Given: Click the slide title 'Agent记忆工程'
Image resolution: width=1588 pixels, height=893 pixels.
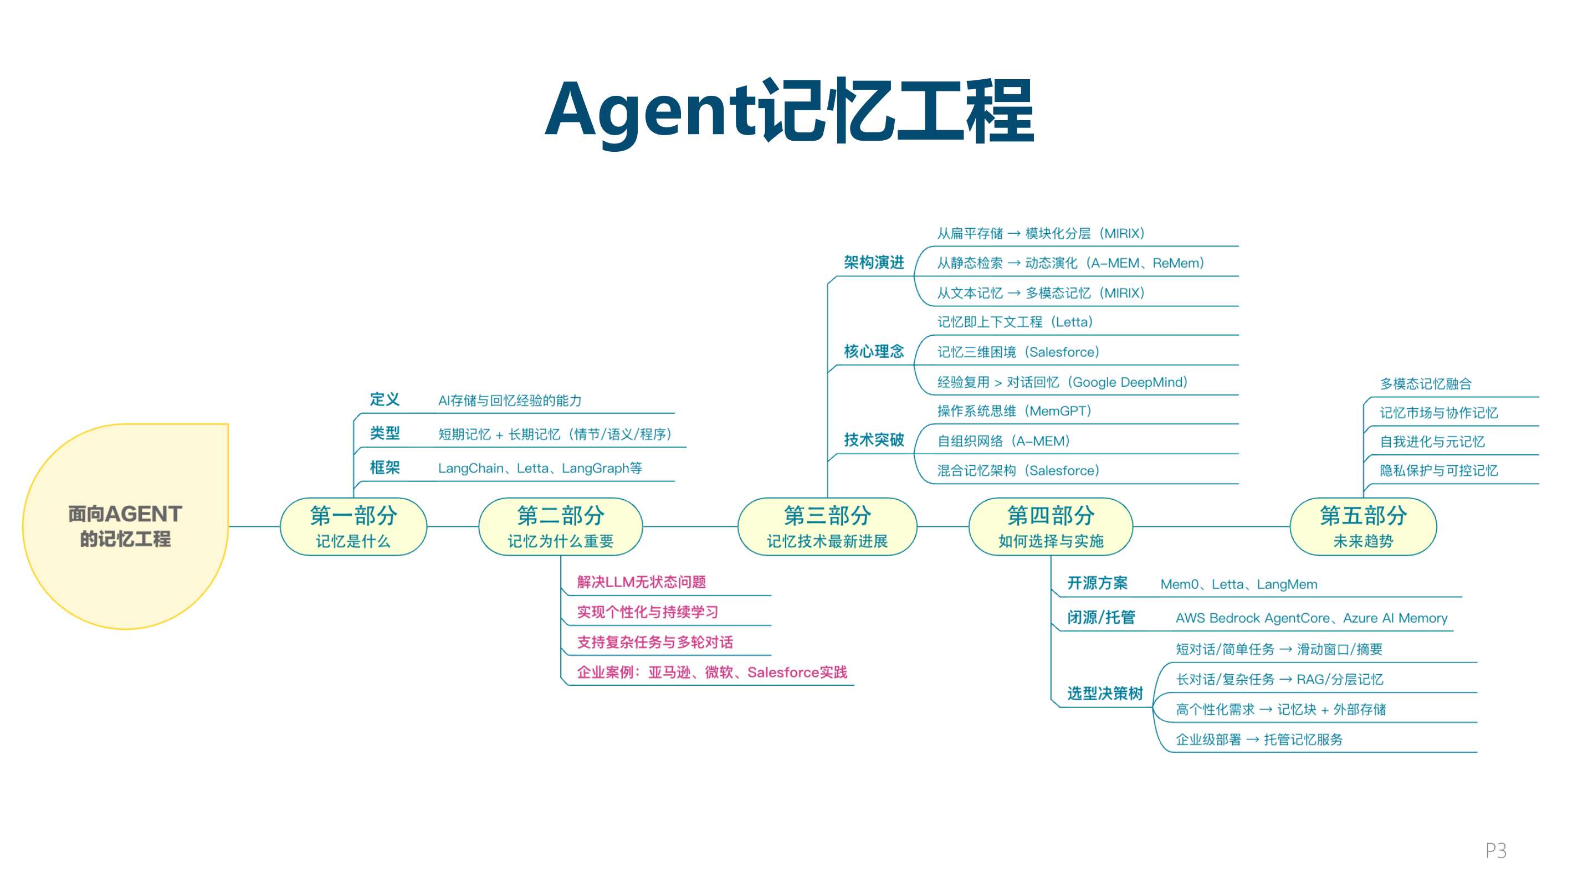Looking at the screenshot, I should [x=789, y=111].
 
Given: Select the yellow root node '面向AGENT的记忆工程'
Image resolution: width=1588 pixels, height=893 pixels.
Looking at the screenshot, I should [x=125, y=526].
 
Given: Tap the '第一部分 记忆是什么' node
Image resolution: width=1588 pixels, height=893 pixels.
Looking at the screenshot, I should [x=354, y=526].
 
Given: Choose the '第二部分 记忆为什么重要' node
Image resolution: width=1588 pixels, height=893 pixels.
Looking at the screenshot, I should [x=560, y=526].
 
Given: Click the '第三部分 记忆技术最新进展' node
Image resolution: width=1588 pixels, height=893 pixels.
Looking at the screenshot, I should [x=827, y=526].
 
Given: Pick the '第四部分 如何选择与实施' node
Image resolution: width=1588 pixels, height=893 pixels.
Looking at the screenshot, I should [x=1051, y=526].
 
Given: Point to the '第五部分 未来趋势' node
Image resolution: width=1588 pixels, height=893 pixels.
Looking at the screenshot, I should [x=1363, y=526].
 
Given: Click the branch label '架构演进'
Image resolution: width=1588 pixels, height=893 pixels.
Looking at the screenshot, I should [x=874, y=263].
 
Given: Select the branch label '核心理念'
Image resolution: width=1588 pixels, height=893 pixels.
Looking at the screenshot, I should [x=874, y=351].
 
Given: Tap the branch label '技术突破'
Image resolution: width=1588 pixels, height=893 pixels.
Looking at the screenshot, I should [x=874, y=439].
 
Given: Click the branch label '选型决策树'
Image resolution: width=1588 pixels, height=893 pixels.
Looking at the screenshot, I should [x=1105, y=694].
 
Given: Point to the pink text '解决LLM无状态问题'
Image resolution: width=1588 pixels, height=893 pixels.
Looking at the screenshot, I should [x=641, y=582].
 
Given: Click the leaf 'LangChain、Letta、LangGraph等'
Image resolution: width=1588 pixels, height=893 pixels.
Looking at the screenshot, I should [x=540, y=468].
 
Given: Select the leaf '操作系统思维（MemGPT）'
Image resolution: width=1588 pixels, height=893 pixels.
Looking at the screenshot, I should [x=1014, y=411].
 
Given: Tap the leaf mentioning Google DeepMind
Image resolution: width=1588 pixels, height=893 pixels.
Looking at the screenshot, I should [x=1062, y=382].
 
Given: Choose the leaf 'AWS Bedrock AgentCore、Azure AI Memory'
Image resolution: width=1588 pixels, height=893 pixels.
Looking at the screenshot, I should [x=1311, y=618].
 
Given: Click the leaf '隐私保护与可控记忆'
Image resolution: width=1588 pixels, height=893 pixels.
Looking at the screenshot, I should [x=1438, y=471].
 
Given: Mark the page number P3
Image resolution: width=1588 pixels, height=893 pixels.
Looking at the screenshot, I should [x=1495, y=850].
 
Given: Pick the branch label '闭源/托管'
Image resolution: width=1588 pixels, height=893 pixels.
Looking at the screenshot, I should [x=1101, y=618].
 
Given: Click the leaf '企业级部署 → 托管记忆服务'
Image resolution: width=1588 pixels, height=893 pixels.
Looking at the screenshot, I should [x=1259, y=740].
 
